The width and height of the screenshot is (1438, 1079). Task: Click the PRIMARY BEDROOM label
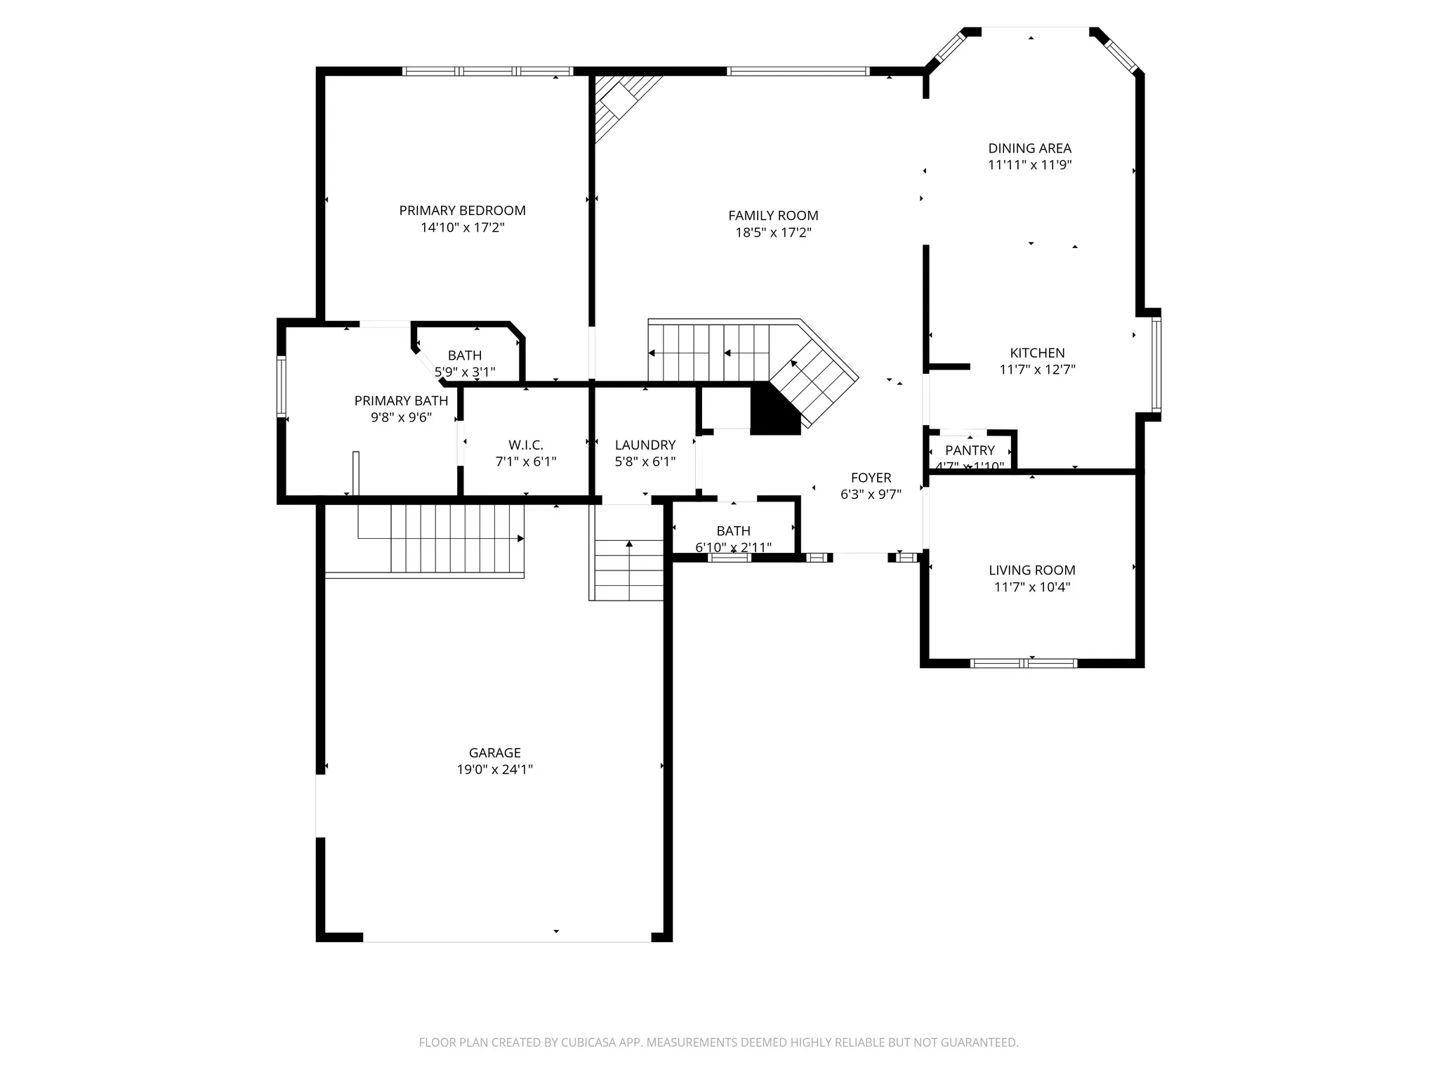click(x=462, y=210)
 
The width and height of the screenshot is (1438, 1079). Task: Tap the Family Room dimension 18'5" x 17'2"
click(x=773, y=233)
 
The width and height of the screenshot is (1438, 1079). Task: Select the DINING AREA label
click(x=1029, y=148)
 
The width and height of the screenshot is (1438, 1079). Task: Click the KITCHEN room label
click(x=1037, y=353)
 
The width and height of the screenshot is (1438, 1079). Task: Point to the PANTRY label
click(x=970, y=450)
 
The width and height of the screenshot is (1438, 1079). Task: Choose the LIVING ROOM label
click(x=1031, y=570)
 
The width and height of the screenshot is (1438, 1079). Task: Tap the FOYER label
click(x=871, y=478)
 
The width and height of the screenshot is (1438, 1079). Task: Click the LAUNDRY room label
click(x=645, y=445)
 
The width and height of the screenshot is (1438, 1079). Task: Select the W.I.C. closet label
click(x=526, y=445)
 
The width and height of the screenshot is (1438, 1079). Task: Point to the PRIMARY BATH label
click(x=401, y=400)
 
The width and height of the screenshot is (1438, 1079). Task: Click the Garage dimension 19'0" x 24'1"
click(x=494, y=769)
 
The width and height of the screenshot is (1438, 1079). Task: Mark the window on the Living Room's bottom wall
click(x=1023, y=662)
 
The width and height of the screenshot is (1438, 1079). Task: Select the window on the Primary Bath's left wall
click(x=282, y=386)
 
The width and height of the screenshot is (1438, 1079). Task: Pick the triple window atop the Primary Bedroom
click(x=487, y=71)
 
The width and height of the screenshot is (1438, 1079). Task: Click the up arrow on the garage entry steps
click(x=629, y=543)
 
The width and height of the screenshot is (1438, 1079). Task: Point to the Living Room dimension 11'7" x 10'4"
click(x=1031, y=587)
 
